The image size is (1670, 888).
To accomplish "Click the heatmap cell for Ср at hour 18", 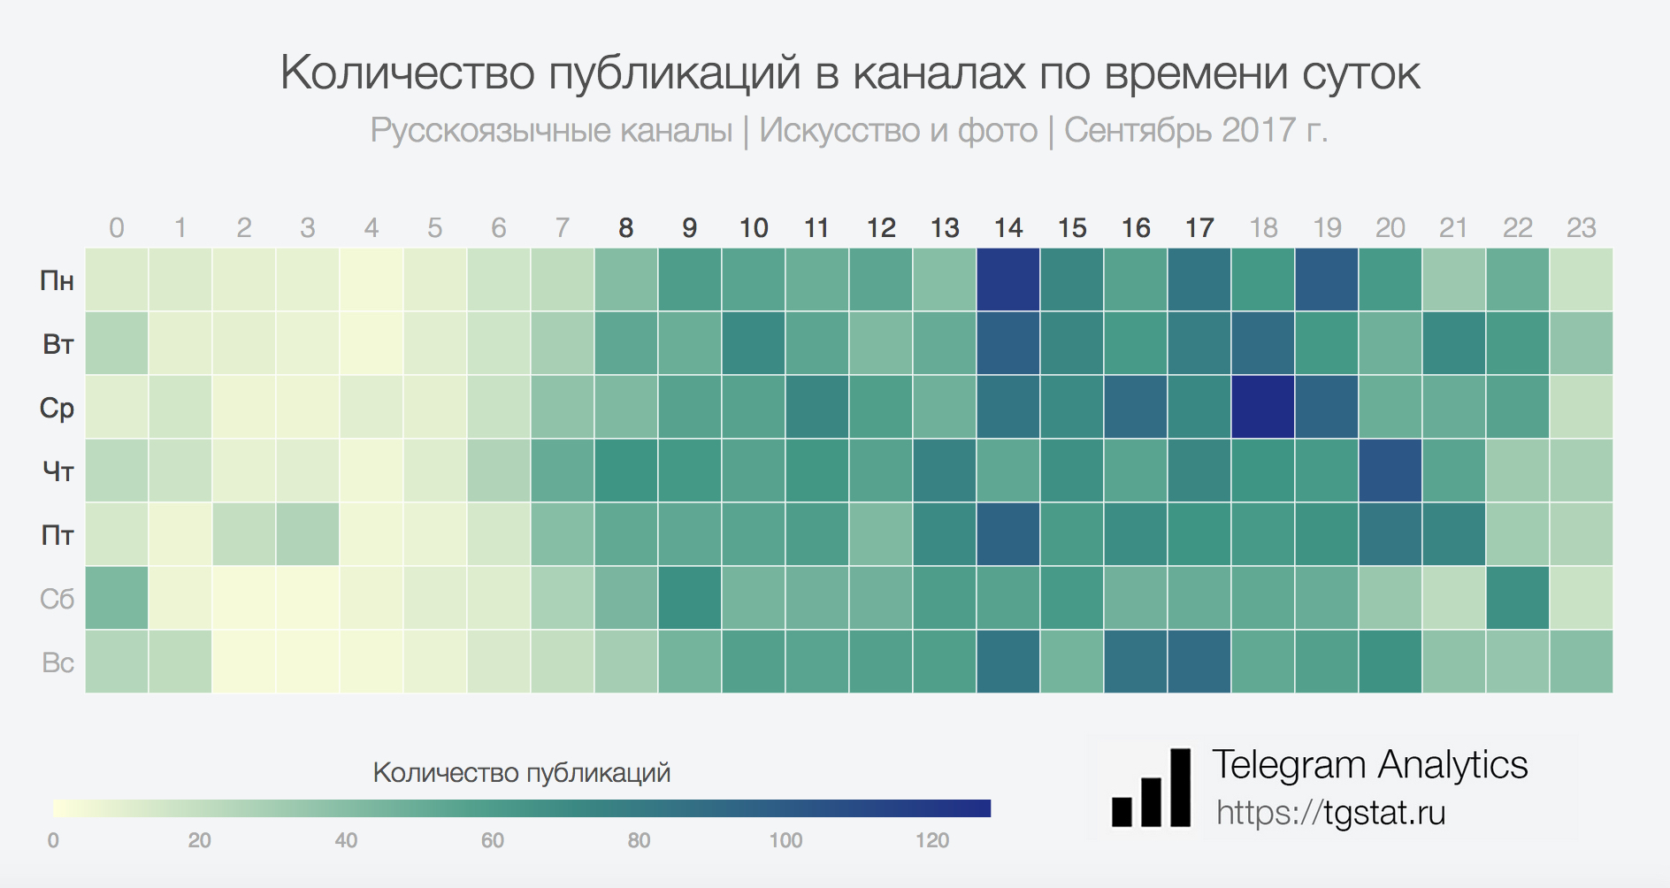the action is pyautogui.click(x=1263, y=407).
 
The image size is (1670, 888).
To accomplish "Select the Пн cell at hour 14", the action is pyautogui.click(x=1008, y=279).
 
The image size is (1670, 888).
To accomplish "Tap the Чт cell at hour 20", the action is pyautogui.click(x=1390, y=471).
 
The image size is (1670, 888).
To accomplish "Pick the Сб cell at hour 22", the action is pyautogui.click(x=1518, y=598).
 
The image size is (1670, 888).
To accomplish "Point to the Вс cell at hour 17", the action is pyautogui.click(x=1199, y=662).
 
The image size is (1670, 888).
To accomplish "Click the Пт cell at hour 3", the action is pyautogui.click(x=308, y=534).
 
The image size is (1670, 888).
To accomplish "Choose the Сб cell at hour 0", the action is pyautogui.click(x=117, y=598).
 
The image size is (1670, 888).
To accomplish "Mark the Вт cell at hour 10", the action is pyautogui.click(x=754, y=343).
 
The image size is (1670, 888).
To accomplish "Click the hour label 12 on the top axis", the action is pyautogui.click(x=881, y=228).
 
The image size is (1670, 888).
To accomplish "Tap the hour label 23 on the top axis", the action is pyautogui.click(x=1582, y=228).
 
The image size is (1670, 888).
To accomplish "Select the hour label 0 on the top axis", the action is pyautogui.click(x=117, y=228).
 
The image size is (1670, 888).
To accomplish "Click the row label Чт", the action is pyautogui.click(x=57, y=471).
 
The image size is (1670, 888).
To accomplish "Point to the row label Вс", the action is pyautogui.click(x=57, y=662).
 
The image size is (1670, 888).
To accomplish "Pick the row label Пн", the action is pyautogui.click(x=57, y=280).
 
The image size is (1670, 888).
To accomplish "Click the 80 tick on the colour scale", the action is pyautogui.click(x=639, y=840).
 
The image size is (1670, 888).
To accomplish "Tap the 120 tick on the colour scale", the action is pyautogui.click(x=932, y=840).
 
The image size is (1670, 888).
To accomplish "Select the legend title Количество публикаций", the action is pyautogui.click(x=522, y=773).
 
